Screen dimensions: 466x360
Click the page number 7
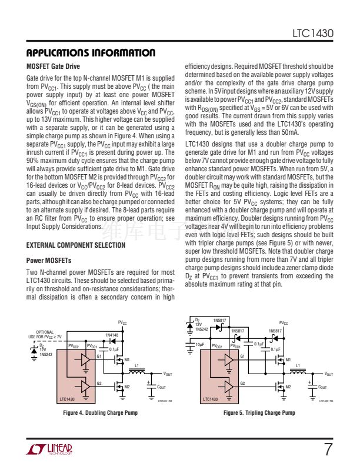click(x=328, y=450)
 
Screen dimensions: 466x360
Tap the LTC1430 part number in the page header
click(x=313, y=34)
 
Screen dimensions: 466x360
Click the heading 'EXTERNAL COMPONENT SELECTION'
click(x=76, y=245)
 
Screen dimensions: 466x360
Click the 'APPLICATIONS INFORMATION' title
click(x=91, y=53)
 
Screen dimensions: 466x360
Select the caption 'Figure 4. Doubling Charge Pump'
click(x=100, y=413)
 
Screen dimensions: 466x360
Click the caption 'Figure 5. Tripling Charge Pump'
click(x=259, y=413)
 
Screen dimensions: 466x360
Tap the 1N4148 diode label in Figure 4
click(x=112, y=335)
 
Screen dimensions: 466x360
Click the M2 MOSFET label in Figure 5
click(x=288, y=387)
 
